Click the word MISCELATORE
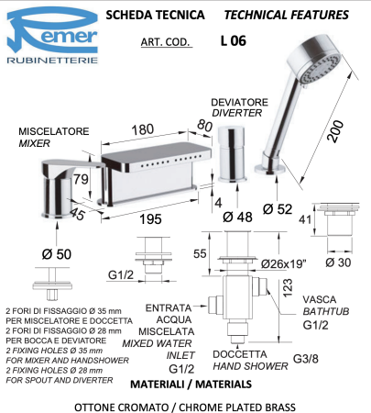pyautogui.click(x=51, y=130)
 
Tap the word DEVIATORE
pyautogui.click(x=236, y=102)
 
